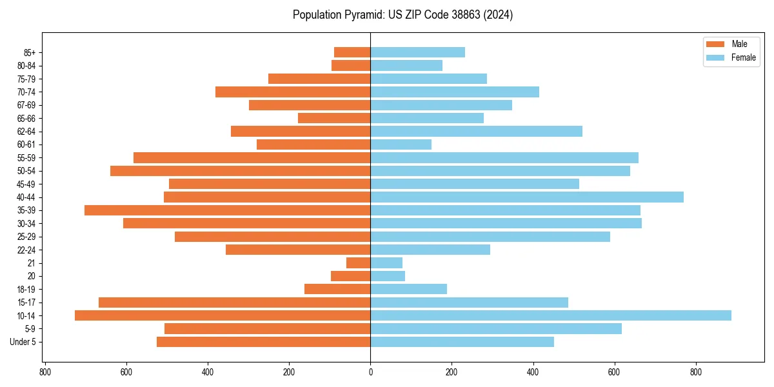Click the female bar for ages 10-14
[550, 315]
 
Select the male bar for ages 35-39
[227, 210]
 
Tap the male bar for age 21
[359, 263]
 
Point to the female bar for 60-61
[401, 144]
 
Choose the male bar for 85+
[352, 52]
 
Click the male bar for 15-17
[234, 303]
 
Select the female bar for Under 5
[462, 342]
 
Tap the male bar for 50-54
[240, 171]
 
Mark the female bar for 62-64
[476, 132]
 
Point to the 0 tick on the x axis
[370, 372]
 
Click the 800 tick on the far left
[45, 372]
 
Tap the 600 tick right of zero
[614, 372]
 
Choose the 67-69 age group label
[26, 105]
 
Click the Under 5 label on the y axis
[23, 342]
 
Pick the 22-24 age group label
[26, 250]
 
